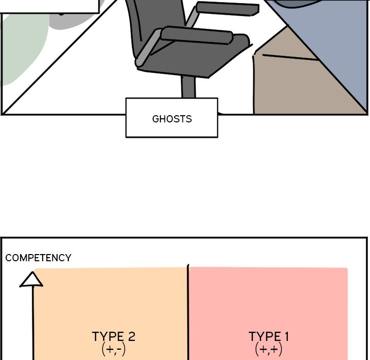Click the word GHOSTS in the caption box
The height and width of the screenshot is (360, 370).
pyautogui.click(x=172, y=119)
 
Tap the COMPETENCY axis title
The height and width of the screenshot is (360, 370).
pyautogui.click(x=38, y=258)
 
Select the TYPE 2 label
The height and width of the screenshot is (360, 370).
pyautogui.click(x=114, y=336)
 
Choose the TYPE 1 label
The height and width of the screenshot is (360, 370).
pyautogui.click(x=269, y=336)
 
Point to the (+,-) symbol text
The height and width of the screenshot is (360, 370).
pyautogui.click(x=114, y=349)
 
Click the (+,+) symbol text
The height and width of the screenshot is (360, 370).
pyautogui.click(x=269, y=349)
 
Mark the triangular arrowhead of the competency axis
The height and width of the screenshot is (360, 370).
pyautogui.click(x=31, y=280)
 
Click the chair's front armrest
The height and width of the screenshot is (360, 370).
pyautogui.click(x=197, y=35)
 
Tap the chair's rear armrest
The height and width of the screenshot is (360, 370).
pyautogui.click(x=228, y=9)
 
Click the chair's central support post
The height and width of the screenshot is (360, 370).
pyautogui.click(x=188, y=87)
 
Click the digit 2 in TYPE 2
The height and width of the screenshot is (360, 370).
pyautogui.click(x=131, y=337)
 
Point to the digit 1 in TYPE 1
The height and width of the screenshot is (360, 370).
pyautogui.click(x=287, y=337)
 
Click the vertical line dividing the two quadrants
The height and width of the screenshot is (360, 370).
pyautogui.click(x=188, y=312)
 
